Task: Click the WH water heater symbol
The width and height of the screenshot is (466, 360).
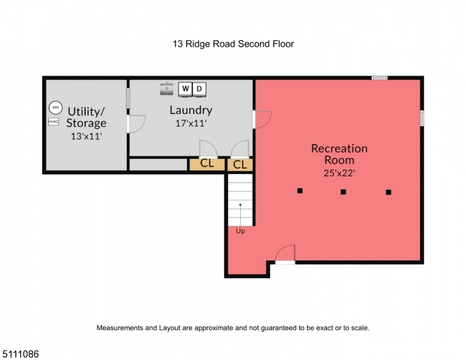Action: tap(56, 107)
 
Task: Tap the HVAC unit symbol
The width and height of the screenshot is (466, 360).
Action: tap(53, 121)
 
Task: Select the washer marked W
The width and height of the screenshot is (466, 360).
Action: tap(185, 89)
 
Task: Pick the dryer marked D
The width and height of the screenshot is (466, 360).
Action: tap(199, 89)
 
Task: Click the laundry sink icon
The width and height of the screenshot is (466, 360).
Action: tap(166, 89)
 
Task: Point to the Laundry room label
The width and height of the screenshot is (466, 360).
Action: tap(191, 110)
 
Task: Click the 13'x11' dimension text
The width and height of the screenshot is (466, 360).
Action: tap(86, 136)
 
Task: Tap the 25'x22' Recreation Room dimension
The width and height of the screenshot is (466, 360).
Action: tap(339, 173)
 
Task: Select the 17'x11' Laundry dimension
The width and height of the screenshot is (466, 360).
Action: tap(191, 123)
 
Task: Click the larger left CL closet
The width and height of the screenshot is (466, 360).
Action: tap(207, 164)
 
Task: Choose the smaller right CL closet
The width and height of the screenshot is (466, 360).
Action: tap(240, 165)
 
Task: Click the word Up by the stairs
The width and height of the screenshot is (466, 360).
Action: tap(240, 231)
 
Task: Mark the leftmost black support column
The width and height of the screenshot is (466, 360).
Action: tap(300, 191)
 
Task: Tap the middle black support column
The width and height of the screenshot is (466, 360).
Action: tap(343, 192)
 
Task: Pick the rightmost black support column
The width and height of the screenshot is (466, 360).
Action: tap(389, 192)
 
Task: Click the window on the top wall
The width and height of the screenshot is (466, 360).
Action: tap(380, 78)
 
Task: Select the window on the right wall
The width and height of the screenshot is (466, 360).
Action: tap(422, 118)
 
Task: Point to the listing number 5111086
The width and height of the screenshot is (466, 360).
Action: tap(20, 354)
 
